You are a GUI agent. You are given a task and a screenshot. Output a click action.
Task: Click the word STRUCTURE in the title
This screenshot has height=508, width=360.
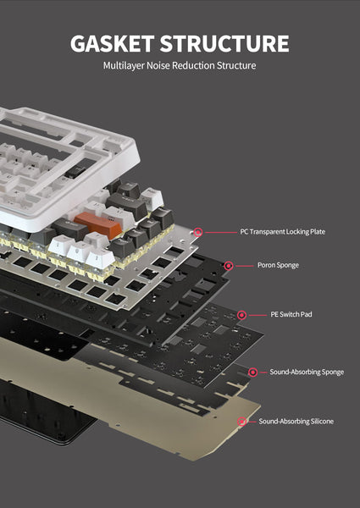pyautogui.click(x=228, y=44)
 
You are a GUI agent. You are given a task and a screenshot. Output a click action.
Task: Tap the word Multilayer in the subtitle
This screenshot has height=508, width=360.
pyautogui.click(x=125, y=66)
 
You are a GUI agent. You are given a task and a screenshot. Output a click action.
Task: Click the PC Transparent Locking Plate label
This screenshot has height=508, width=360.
pyautogui.click(x=283, y=231)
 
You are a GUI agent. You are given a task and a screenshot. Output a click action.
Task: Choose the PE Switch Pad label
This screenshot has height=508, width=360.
pyautogui.click(x=291, y=315)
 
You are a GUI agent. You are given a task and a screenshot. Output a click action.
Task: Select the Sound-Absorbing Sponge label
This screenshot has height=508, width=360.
pyautogui.click(x=307, y=372)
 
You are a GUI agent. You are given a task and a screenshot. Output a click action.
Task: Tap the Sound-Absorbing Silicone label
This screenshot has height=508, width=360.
pyautogui.click(x=296, y=421)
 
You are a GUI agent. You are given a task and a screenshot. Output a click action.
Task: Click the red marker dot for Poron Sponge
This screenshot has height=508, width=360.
pyautogui.click(x=228, y=265)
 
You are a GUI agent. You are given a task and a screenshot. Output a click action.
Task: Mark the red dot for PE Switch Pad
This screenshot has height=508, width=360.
pyautogui.click(x=241, y=315)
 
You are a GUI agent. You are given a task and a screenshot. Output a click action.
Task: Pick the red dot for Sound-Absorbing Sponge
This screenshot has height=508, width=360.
pyautogui.click(x=252, y=372)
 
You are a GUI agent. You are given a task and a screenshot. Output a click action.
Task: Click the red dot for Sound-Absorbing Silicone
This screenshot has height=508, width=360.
pyautogui.click(x=242, y=421)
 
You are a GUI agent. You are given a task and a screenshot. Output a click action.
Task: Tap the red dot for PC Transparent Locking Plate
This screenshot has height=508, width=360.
pyautogui.click(x=198, y=231)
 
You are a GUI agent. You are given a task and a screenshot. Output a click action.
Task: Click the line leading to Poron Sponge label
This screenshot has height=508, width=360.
pyautogui.click(x=242, y=265)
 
